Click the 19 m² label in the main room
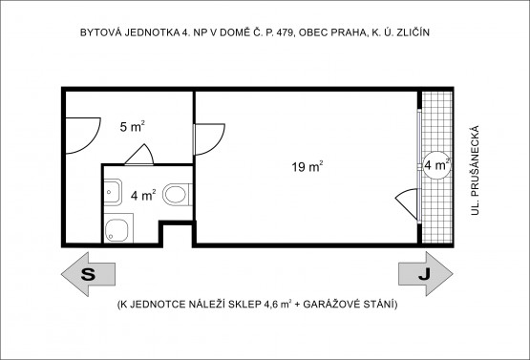click(x=307, y=166)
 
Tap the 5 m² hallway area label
click(x=132, y=125)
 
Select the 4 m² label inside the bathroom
click(x=142, y=195)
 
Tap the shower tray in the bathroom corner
click(x=118, y=227)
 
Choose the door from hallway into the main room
click(x=204, y=139)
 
